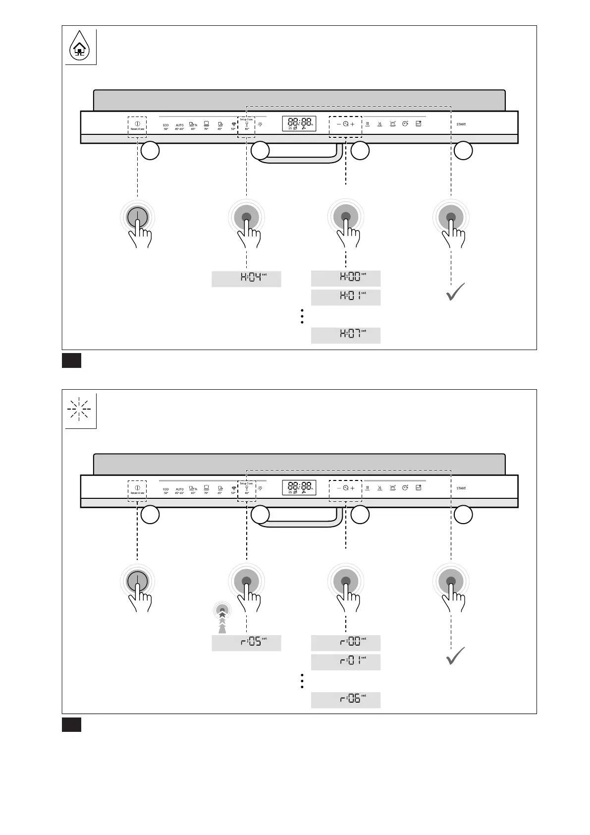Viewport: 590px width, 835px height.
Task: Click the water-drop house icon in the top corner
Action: (x=79, y=48)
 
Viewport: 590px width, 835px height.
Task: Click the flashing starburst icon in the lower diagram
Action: (x=79, y=410)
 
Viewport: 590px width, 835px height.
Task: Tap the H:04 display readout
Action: (x=246, y=279)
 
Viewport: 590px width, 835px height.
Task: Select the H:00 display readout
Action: (x=346, y=278)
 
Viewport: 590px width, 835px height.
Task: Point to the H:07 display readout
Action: (x=346, y=335)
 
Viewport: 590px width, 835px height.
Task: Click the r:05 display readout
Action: (x=246, y=643)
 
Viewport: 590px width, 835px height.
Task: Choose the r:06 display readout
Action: (x=346, y=700)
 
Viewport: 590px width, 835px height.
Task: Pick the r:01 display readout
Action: (x=346, y=662)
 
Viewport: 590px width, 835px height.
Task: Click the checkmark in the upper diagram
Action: (x=455, y=292)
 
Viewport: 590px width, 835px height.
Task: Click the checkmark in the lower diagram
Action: (x=455, y=656)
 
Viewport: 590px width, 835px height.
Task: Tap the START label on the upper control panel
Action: (x=461, y=124)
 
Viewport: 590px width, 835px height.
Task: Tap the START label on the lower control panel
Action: (x=461, y=488)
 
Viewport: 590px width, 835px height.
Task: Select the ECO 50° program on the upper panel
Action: (x=166, y=127)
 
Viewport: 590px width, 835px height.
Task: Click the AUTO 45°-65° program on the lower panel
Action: (x=179, y=491)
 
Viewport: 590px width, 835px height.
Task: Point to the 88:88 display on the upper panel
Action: (x=299, y=123)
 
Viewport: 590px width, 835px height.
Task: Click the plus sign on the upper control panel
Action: (x=353, y=124)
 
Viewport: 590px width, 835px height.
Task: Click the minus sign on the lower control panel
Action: (x=339, y=488)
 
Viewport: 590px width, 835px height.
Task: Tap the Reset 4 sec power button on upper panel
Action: (x=137, y=126)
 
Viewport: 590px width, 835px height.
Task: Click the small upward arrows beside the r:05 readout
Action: (x=222, y=620)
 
